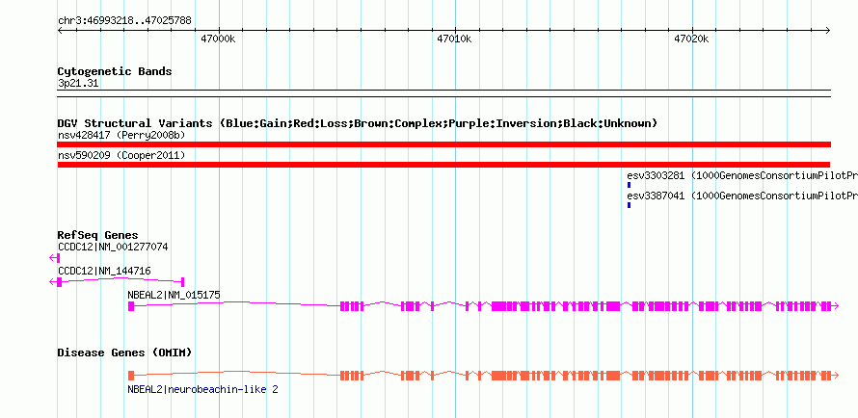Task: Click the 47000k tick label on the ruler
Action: coord(217,39)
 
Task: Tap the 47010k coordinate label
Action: coord(454,39)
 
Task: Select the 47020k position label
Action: coord(691,39)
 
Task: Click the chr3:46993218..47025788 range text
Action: coord(124,20)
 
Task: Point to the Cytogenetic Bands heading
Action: coord(115,71)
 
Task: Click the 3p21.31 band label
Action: coord(78,83)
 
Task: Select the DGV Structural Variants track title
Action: coord(357,123)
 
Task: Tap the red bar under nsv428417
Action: coord(443,144)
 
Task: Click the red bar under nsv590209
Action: coord(443,165)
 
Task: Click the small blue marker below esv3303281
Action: coord(629,185)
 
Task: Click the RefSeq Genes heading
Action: coord(97,235)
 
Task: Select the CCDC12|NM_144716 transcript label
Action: coord(104,271)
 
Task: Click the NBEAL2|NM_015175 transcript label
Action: coord(174,295)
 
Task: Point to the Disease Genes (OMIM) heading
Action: coord(124,353)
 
